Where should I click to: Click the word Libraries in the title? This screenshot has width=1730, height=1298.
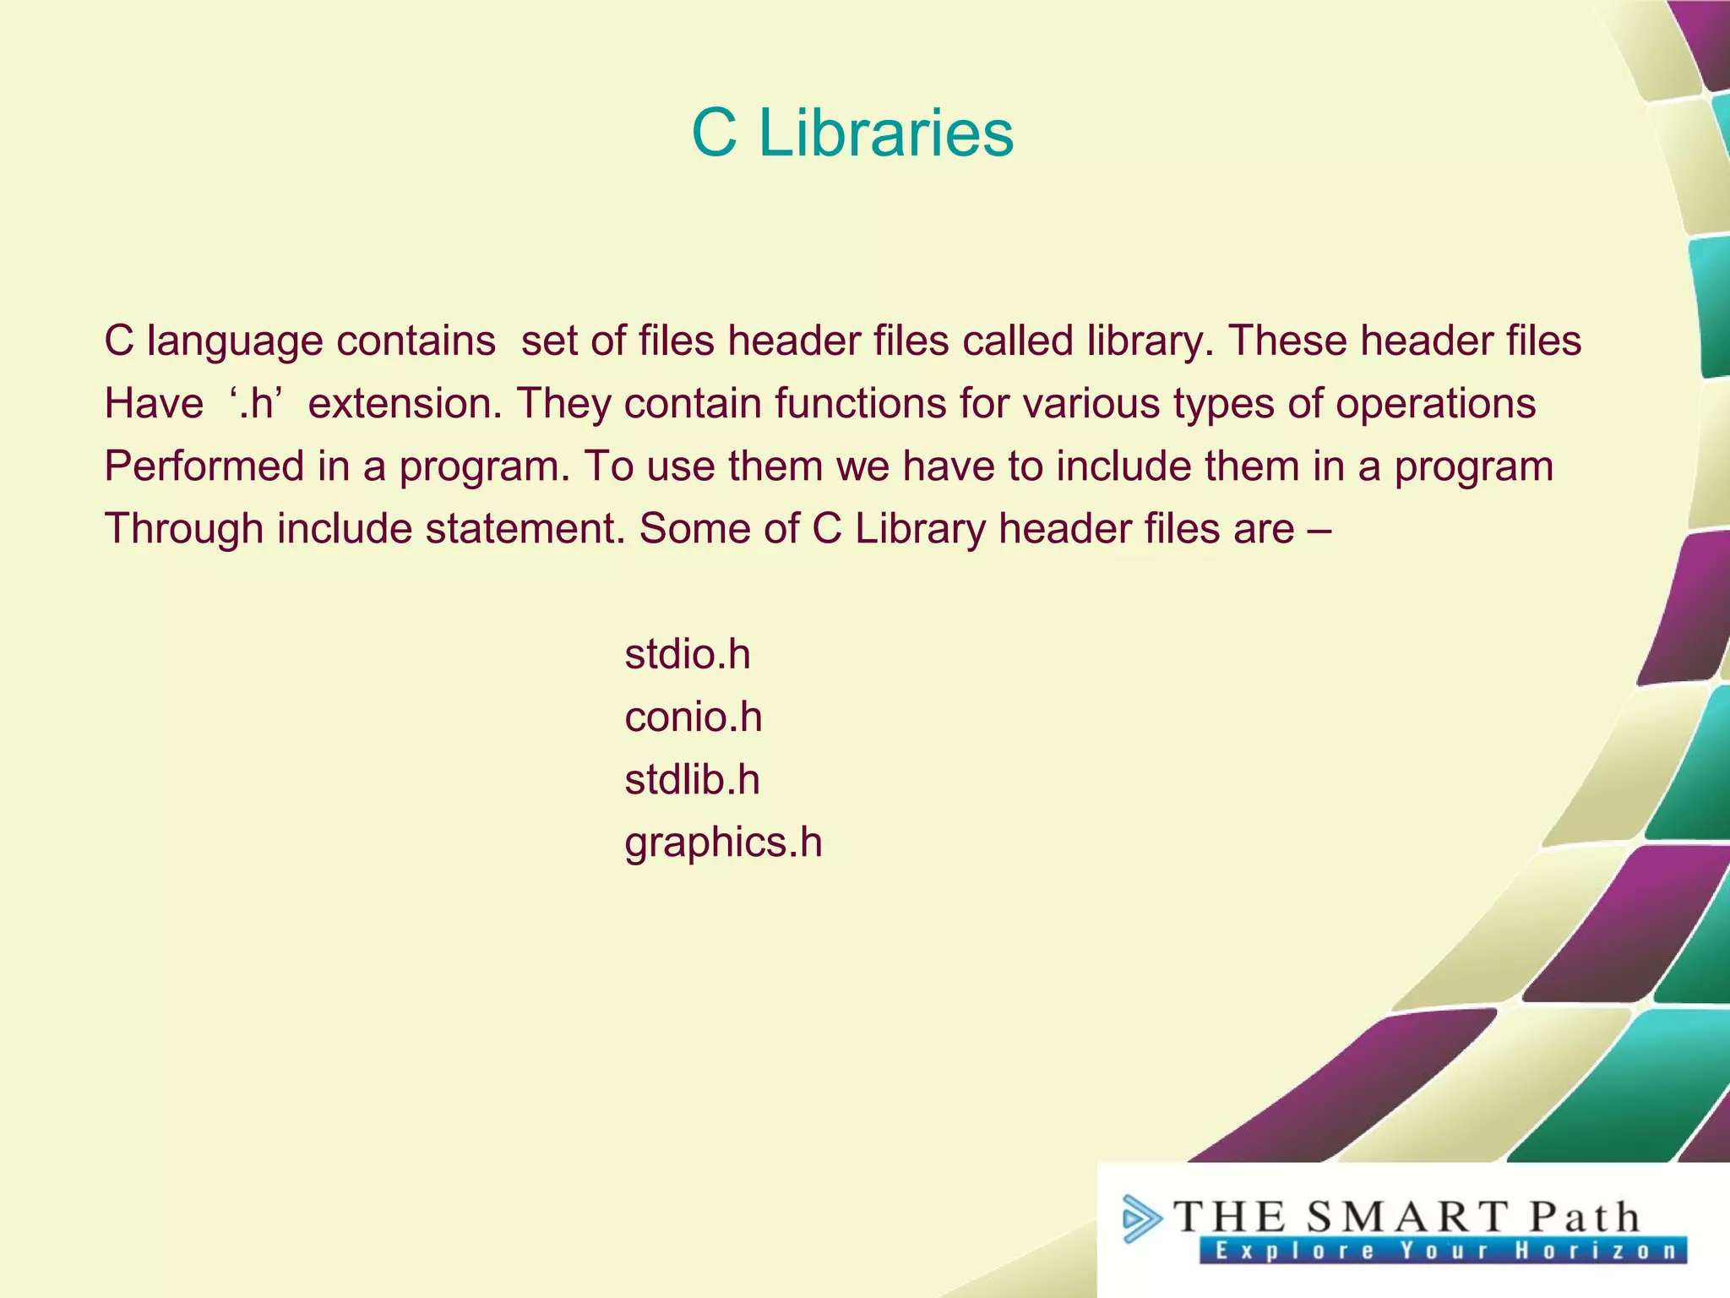885,133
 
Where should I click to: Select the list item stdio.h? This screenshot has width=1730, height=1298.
687,655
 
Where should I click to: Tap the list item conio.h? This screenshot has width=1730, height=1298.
693,717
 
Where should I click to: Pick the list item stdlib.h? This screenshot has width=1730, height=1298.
692,780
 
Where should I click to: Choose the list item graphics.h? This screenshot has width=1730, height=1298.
723,843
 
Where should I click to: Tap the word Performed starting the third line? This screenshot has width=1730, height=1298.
204,466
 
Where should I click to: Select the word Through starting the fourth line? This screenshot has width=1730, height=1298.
184,529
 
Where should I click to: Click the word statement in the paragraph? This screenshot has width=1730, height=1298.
525,529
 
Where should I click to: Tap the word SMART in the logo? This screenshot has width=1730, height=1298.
1406,1217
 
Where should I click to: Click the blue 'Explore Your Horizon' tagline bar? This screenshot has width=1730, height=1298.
1443,1251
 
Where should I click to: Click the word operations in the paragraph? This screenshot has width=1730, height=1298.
1435,403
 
